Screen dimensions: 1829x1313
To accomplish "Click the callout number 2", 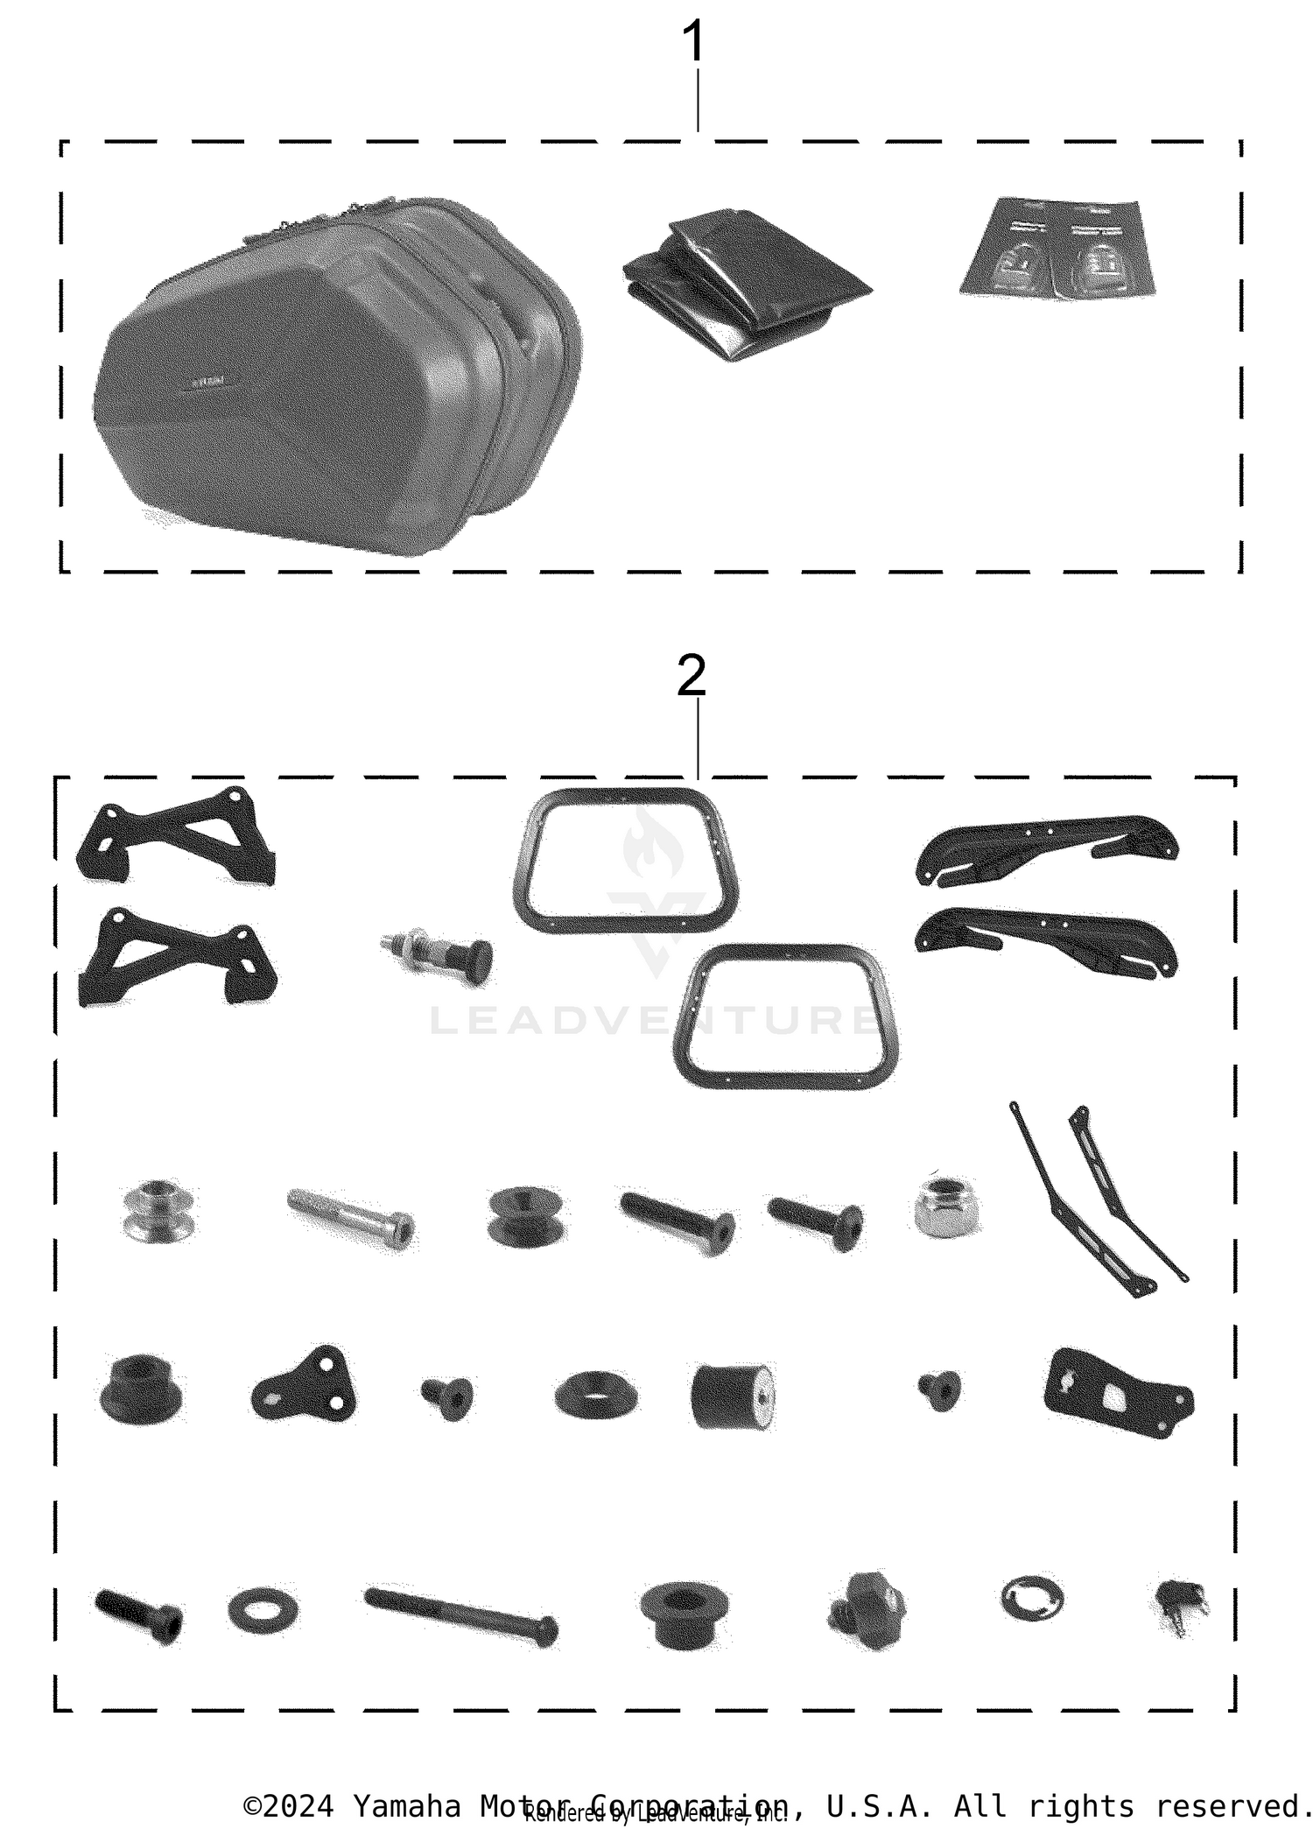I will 691,676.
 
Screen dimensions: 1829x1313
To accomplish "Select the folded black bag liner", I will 745,282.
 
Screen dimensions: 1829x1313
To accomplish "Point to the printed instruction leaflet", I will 1056,249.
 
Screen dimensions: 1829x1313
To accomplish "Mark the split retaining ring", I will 1032,1599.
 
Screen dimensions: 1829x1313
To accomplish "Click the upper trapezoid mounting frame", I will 625,859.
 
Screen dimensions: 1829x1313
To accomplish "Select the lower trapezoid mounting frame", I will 785,1017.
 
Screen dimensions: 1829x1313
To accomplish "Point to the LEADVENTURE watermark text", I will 652,1021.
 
